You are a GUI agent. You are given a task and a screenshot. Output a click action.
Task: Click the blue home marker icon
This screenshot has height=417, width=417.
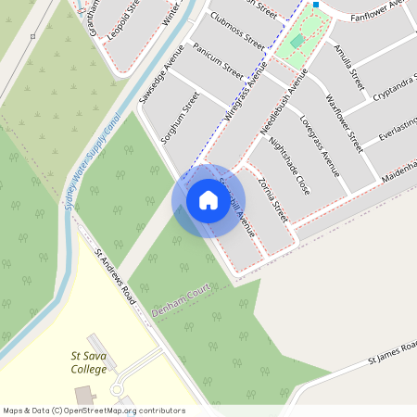tap(208, 200)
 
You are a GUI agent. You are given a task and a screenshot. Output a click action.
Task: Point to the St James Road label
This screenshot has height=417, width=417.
tap(392, 349)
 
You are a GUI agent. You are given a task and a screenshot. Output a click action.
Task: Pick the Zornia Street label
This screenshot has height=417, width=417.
tap(273, 200)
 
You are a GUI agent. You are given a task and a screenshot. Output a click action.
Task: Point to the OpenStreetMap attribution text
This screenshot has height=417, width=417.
tap(94, 411)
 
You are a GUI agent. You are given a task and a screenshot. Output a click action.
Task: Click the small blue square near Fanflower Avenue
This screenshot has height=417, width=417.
tap(316, 5)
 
